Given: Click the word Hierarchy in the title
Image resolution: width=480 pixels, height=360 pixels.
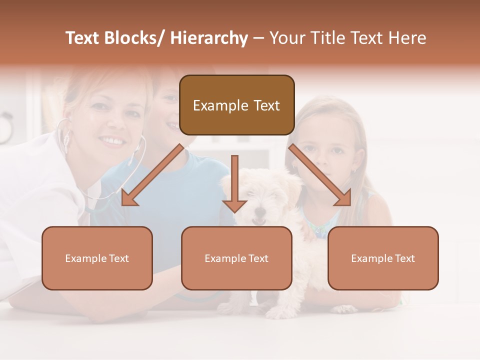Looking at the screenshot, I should tap(209, 38).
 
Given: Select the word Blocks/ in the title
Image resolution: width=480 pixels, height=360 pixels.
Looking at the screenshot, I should tap(134, 38).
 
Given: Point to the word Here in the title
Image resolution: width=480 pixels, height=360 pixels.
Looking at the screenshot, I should tap(407, 38).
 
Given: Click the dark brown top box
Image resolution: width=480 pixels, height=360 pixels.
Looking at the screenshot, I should tap(236, 105).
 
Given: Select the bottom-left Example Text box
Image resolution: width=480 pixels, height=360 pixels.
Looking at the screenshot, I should tap(97, 258).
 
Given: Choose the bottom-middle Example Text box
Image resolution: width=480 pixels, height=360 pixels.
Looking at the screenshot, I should tap(236, 258).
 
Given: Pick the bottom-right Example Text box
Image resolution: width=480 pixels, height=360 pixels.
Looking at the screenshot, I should tap(383, 258).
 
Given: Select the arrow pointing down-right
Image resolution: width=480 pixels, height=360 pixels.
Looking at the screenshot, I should tap(320, 175).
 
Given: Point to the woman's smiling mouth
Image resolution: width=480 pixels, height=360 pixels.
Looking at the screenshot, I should tap(113, 142).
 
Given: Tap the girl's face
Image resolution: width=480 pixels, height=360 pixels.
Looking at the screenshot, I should tap(325, 145).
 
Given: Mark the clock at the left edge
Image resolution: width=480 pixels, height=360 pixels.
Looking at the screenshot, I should tap(5, 127).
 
